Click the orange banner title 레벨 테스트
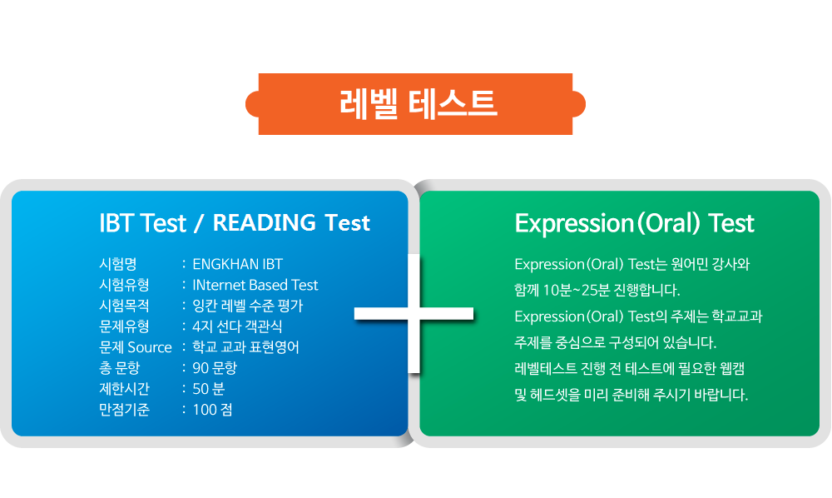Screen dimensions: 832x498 (418, 103)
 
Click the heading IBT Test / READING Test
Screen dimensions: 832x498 (235, 223)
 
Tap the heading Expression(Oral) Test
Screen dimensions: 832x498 (634, 223)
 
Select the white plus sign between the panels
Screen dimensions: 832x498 (414, 314)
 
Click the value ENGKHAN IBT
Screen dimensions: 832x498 (237, 264)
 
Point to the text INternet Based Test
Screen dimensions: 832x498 (255, 285)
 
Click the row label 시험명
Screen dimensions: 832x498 (118, 264)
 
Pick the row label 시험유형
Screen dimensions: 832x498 (124, 285)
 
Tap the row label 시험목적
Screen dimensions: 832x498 (124, 306)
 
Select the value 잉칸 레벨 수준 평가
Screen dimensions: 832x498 (247, 306)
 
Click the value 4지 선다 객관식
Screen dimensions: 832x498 (237, 326)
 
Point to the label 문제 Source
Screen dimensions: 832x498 (136, 347)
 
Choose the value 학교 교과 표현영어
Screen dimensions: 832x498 (245, 347)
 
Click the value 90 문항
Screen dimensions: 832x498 (215, 368)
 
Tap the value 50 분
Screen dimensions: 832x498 (209, 389)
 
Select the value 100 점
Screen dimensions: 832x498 (212, 410)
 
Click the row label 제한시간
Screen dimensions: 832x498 (124, 389)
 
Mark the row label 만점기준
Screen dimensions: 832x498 (124, 410)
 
